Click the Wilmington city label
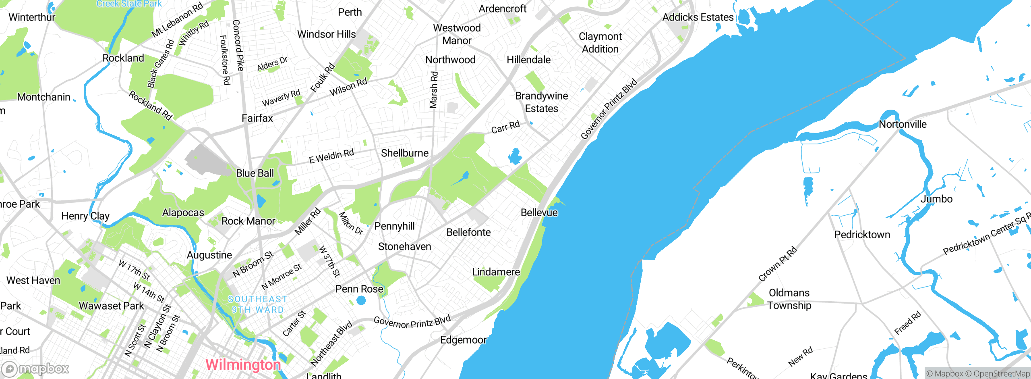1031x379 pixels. point(243,364)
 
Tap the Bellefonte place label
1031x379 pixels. point(468,232)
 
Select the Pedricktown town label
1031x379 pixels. point(862,235)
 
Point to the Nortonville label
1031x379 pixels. point(903,124)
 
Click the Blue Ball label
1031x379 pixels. point(255,173)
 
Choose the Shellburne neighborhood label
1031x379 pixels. point(404,153)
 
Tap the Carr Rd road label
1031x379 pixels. point(505,127)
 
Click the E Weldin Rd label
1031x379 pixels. point(331,156)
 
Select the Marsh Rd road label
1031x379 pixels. point(433,90)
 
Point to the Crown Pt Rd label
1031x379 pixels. point(777,264)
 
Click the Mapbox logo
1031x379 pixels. point(35,369)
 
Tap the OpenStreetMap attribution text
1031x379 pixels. point(1001,374)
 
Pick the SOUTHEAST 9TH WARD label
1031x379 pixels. point(258,304)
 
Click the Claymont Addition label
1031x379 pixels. point(600,43)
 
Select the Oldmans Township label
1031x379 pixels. point(789,299)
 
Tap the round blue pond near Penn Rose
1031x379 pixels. point(361,300)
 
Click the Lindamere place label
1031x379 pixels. point(496,272)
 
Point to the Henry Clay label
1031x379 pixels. point(85,216)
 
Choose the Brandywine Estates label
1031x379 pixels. point(541,102)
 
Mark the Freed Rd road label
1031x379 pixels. point(907,323)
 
